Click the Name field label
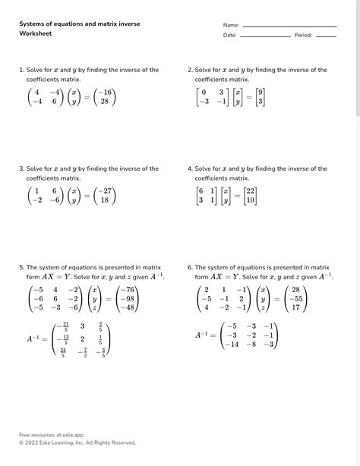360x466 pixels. point(231,25)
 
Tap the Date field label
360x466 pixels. point(229,36)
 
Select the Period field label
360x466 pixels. point(303,36)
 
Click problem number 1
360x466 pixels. point(21,70)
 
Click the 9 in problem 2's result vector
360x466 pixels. point(261,92)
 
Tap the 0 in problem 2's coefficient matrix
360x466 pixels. point(204,92)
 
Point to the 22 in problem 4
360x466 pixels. point(251,191)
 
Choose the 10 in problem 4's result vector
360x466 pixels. point(251,201)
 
